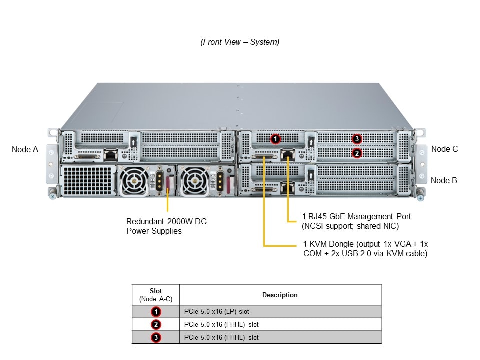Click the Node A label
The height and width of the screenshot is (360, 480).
tap(25, 149)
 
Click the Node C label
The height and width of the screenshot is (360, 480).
tap(444, 149)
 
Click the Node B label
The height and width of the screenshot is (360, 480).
tap(444, 180)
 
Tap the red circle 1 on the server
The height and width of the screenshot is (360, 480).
tap(275, 139)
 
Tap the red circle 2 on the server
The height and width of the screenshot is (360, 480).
tap(356, 153)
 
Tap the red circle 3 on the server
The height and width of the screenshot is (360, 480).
tap(356, 138)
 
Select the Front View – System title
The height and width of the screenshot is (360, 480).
tap(240, 42)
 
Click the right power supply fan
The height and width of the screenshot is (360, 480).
tap(194, 180)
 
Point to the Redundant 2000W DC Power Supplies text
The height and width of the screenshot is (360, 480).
tap(166, 226)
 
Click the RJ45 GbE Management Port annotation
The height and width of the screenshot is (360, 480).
tap(356, 221)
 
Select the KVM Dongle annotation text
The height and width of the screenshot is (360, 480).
tap(365, 249)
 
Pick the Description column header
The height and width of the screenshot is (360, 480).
tap(280, 295)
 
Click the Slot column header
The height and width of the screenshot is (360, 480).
tap(156, 295)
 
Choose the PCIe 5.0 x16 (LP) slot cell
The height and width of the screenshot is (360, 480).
tap(280, 312)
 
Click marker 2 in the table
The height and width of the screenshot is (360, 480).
tap(156, 325)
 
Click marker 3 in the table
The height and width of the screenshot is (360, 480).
tap(156, 337)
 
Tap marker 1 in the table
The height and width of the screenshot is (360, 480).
tap(156, 312)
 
